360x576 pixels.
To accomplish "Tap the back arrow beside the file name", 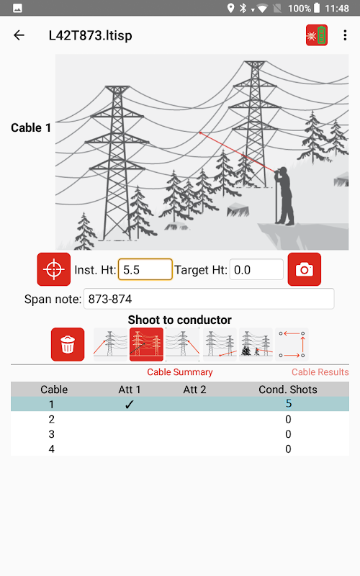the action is coord(19,35).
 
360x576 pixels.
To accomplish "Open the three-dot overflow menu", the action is coord(345,35).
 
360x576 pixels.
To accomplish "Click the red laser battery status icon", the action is coord(317,35).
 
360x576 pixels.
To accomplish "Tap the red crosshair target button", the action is coord(53,269).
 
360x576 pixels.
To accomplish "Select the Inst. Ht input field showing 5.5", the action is coord(145,269).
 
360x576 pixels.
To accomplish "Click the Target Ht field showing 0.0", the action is coord(256,269).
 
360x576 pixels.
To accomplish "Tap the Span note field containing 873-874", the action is coord(209,299).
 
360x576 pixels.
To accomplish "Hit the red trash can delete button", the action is coord(68,345).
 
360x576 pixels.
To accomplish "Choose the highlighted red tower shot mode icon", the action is coord(146,345).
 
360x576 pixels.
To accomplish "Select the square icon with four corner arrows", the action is coord(292,345).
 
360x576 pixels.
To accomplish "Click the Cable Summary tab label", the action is coord(180,372).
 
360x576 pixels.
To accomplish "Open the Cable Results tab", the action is coord(320,372).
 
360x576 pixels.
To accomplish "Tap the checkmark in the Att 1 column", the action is coord(130,405).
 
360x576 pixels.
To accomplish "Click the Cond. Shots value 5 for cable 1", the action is coord(289,404).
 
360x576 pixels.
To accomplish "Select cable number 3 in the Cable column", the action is coord(51,434).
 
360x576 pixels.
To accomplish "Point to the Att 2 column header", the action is coord(194,390).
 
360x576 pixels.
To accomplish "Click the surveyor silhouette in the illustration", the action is coord(285,196).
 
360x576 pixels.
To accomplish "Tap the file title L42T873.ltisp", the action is coord(91,35).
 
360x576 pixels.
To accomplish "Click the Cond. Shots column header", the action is coord(288,390).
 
